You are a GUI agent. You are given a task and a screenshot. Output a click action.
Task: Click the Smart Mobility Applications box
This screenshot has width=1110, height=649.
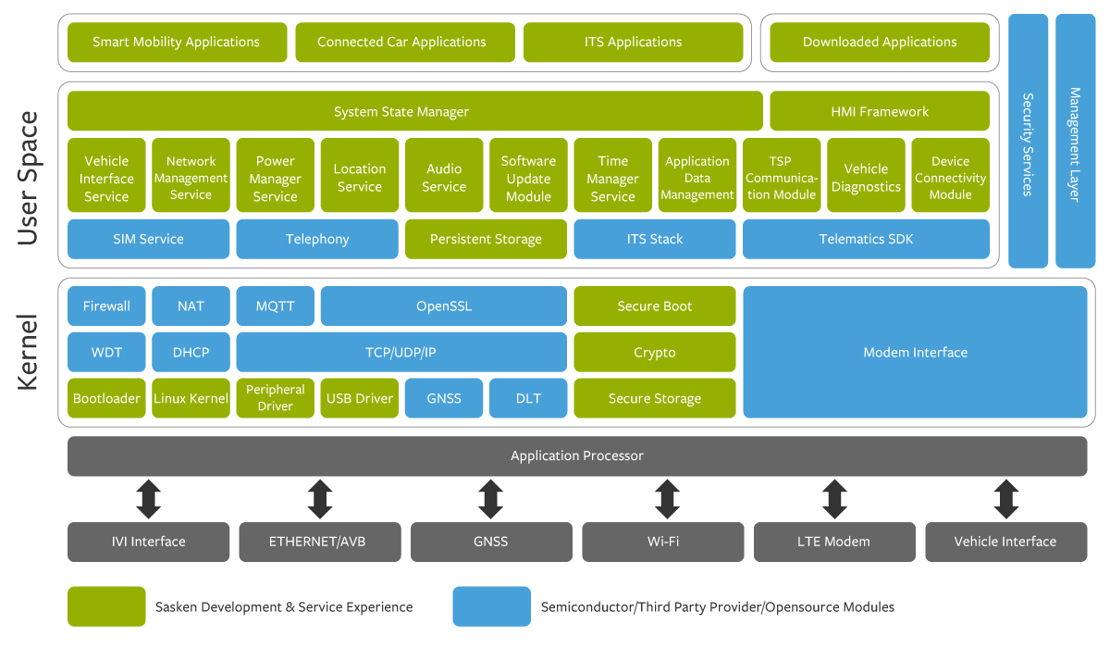(x=177, y=43)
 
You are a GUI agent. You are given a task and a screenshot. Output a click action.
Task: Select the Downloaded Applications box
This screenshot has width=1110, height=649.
(x=879, y=43)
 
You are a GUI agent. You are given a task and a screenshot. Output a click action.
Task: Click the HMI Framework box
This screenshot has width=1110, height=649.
(x=879, y=111)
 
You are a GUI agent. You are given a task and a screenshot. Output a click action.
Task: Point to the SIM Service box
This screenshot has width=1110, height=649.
(x=148, y=239)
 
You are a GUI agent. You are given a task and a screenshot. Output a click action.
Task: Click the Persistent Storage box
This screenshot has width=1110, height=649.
(x=486, y=239)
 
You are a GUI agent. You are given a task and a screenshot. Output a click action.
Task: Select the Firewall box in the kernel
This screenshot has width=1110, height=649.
(x=106, y=306)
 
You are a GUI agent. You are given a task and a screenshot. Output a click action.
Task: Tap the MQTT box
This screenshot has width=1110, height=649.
(x=275, y=306)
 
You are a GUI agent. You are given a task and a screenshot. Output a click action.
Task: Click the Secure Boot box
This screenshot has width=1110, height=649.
(x=655, y=306)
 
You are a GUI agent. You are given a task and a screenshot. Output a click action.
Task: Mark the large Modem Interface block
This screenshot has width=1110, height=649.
(x=915, y=352)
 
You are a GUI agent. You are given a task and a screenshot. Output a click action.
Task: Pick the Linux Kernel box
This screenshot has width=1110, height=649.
(x=191, y=398)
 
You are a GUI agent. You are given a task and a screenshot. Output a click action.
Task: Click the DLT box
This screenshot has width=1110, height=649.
(x=528, y=398)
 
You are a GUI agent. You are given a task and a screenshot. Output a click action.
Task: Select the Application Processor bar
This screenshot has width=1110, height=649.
(x=576, y=456)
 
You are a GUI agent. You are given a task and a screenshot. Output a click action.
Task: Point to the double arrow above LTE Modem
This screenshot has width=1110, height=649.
(x=834, y=499)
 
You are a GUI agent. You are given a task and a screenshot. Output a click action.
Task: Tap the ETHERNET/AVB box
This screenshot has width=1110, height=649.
(x=319, y=542)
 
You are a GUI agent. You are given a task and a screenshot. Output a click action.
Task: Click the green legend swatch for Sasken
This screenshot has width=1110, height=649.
(x=106, y=606)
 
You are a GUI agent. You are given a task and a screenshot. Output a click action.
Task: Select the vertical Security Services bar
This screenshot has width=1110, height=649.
(x=1028, y=141)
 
